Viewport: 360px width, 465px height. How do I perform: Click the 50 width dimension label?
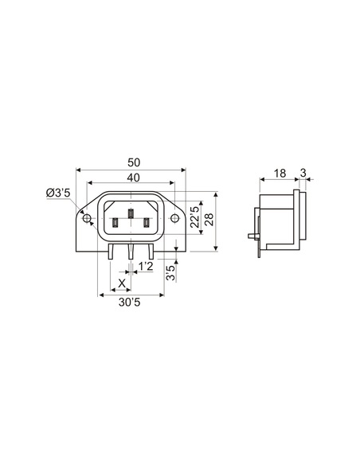[131, 162]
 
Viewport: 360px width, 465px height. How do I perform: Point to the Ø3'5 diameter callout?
[59, 193]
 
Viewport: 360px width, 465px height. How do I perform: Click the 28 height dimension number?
[209, 220]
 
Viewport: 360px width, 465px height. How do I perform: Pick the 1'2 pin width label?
[146, 266]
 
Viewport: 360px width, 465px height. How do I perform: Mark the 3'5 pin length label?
[170, 273]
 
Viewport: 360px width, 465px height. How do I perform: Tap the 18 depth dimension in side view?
[280, 173]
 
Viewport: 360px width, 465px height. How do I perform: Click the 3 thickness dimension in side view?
[303, 173]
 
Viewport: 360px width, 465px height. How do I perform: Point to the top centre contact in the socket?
[131, 213]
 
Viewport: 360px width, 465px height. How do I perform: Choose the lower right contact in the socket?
[146, 224]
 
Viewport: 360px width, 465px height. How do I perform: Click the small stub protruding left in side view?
[252, 237]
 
